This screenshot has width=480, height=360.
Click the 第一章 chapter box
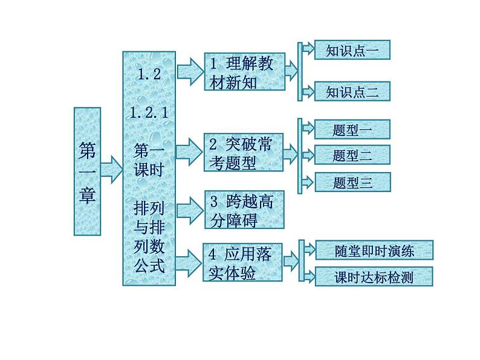tap(87, 171)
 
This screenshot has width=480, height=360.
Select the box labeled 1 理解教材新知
tap(244, 72)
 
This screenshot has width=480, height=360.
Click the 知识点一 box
tap(352, 50)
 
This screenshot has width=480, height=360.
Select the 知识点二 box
tap(352, 91)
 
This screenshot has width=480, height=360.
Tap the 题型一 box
tap(352, 129)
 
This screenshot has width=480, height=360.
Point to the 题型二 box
tap(352, 155)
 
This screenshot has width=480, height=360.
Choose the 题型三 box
tap(352, 182)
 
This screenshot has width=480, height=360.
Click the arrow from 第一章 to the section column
tap(111, 169)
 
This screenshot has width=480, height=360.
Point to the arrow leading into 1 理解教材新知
tap(189, 71)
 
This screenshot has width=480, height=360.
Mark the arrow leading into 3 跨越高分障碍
tap(189, 210)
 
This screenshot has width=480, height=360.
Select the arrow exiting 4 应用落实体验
tap(290, 261)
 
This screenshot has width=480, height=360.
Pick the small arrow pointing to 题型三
tap(307, 181)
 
